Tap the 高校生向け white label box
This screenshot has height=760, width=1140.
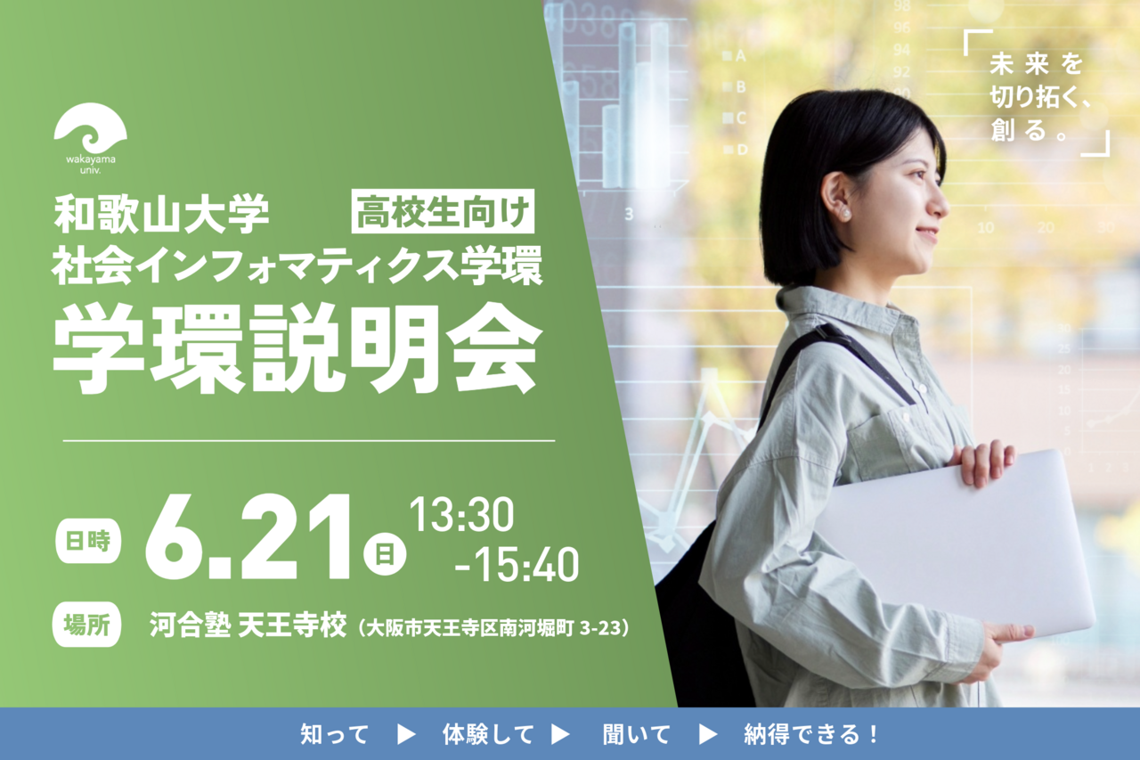[443, 213]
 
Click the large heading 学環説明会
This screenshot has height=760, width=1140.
[297, 349]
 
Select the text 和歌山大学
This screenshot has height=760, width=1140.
[161, 214]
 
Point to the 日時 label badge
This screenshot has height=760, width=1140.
[87, 541]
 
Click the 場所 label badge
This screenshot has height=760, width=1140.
[87, 623]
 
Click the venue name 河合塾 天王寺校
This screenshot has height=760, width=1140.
[247, 626]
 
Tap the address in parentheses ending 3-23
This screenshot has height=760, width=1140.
[494, 628]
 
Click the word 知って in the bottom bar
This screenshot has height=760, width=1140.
[334, 734]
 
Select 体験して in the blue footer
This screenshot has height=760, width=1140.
[488, 734]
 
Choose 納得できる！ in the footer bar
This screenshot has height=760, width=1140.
[811, 734]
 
